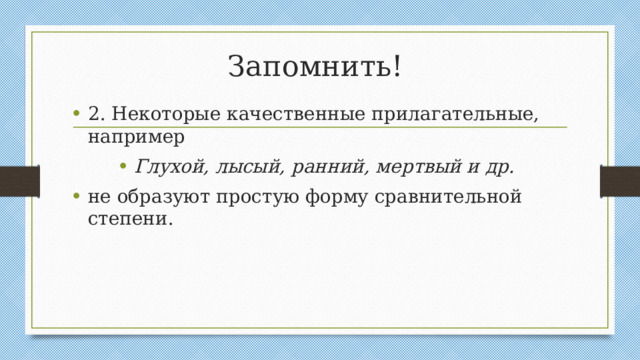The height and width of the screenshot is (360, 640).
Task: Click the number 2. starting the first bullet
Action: pos(98,114)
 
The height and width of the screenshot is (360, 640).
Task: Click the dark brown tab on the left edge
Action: pos(19,181)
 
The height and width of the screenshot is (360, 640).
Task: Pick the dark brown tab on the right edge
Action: pos(620,181)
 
